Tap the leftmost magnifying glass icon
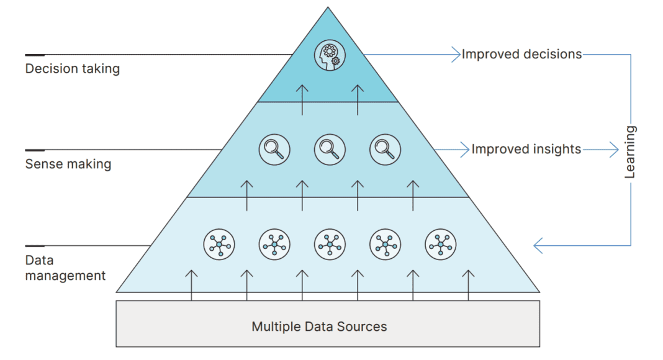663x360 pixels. click(274, 149)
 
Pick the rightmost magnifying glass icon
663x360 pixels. click(385, 149)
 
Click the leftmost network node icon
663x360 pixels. click(219, 245)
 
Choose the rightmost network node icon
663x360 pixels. click(441, 245)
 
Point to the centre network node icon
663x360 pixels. click(330, 245)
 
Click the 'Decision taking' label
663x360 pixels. click(72, 69)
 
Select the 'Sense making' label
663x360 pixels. click(68, 164)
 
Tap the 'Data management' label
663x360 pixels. click(65, 268)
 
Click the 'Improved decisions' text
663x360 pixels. click(521, 55)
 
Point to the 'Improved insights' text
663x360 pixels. click(526, 150)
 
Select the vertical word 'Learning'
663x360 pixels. click(630, 152)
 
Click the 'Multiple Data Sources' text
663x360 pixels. click(319, 326)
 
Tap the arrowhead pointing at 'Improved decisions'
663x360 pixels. click(456, 55)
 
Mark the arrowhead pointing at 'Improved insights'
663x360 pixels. click(466, 150)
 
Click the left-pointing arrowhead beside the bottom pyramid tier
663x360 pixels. click(538, 246)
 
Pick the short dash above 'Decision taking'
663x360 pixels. click(35, 55)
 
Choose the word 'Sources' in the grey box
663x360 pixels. click(364, 326)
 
